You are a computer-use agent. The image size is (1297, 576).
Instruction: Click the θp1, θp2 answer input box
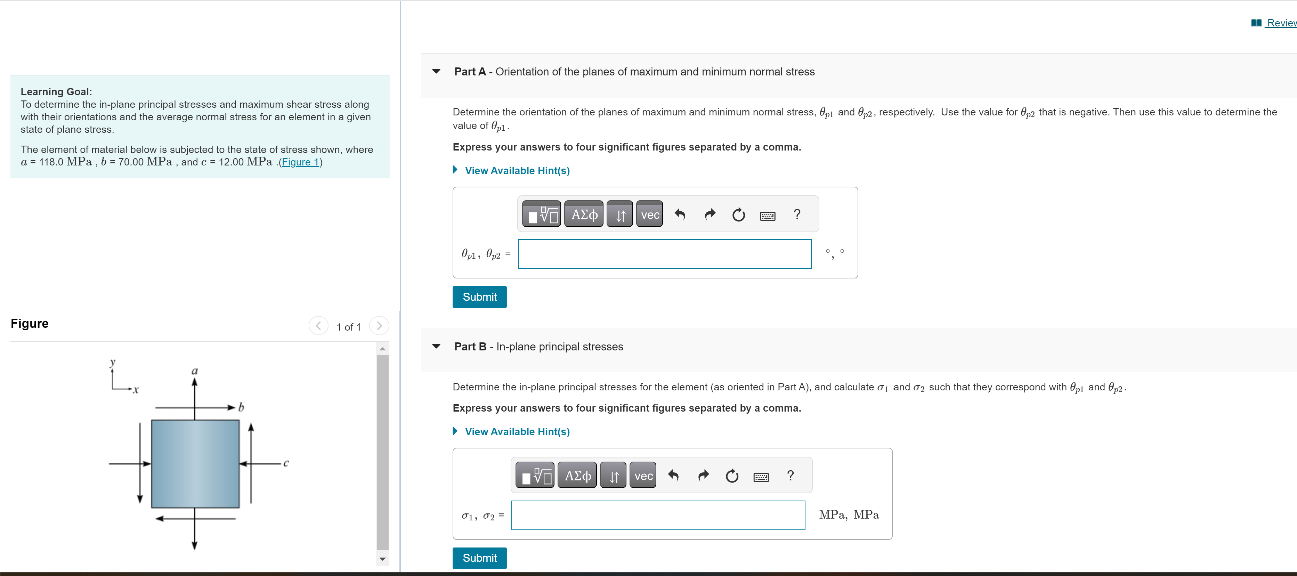(x=664, y=254)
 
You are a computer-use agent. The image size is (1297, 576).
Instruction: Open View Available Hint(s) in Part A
(x=517, y=171)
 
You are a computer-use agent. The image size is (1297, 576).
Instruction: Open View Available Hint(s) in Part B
(x=517, y=431)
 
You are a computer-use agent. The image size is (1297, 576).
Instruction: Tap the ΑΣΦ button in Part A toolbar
(x=584, y=214)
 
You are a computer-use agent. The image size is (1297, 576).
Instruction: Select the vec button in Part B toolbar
(x=643, y=476)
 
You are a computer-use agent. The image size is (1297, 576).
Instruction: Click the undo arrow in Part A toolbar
(x=680, y=214)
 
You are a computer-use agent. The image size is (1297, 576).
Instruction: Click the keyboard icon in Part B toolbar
(x=761, y=476)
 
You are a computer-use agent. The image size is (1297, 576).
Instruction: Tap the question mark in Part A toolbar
(x=796, y=214)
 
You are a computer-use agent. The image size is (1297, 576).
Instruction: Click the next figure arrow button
(x=379, y=326)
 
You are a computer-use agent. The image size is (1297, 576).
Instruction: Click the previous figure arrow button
(x=318, y=326)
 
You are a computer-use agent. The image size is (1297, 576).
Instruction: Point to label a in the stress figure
(x=195, y=371)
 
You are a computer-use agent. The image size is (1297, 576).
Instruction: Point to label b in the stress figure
(x=241, y=407)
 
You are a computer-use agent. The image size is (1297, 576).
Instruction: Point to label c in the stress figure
(x=286, y=463)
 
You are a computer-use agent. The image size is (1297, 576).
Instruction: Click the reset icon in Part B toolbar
(x=731, y=476)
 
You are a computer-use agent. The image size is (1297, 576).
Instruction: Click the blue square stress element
(x=195, y=464)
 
